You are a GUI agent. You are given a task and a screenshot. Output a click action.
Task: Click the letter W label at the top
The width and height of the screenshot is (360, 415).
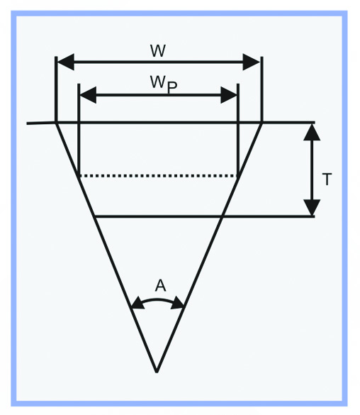click(x=158, y=51)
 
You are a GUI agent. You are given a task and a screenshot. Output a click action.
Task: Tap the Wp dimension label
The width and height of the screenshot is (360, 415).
click(x=164, y=84)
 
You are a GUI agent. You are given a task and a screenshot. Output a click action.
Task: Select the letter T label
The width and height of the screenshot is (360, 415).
click(x=327, y=179)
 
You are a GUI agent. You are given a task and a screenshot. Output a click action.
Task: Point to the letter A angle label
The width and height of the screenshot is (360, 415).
click(x=160, y=286)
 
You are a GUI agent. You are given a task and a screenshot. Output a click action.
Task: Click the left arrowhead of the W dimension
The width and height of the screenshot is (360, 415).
click(x=65, y=62)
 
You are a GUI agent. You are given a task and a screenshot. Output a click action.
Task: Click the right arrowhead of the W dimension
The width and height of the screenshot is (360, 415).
click(x=252, y=62)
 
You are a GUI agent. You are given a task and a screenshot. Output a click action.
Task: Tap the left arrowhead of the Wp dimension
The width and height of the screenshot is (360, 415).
click(x=88, y=95)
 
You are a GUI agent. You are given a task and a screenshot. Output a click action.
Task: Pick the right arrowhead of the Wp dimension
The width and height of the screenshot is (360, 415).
click(x=229, y=95)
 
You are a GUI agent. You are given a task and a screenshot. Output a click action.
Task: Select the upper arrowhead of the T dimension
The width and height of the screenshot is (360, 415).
click(x=312, y=132)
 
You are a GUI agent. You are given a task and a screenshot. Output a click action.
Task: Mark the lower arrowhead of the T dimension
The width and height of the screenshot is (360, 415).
click(x=312, y=207)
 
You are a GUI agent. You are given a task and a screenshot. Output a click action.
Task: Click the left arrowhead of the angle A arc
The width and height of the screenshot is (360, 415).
click(x=137, y=304)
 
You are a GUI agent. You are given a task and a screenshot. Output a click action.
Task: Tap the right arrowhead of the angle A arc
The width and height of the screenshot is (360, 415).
click(x=177, y=304)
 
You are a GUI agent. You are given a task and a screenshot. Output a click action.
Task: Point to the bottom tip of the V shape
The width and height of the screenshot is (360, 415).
click(x=157, y=372)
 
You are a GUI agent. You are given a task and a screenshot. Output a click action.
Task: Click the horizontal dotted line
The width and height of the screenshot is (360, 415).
click(x=159, y=175)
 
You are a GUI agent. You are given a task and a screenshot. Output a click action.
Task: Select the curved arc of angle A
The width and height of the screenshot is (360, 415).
click(x=157, y=299)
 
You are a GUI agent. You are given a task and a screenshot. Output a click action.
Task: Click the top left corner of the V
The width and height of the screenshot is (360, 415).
click(x=56, y=123)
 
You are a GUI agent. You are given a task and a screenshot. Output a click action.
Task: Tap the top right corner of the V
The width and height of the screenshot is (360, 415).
click(x=261, y=123)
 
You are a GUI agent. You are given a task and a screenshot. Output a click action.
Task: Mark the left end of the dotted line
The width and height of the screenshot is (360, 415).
click(x=79, y=175)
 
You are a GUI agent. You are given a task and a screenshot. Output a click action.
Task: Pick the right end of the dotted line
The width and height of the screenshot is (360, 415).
click(x=238, y=175)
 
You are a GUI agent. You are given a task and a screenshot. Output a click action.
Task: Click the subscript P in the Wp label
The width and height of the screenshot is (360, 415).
click(x=172, y=88)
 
